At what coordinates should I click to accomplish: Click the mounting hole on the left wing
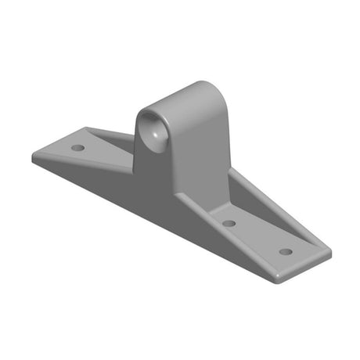click(77, 147)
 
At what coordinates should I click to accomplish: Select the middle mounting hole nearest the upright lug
click(229, 224)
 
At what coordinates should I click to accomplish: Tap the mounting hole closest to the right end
click(286, 252)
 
